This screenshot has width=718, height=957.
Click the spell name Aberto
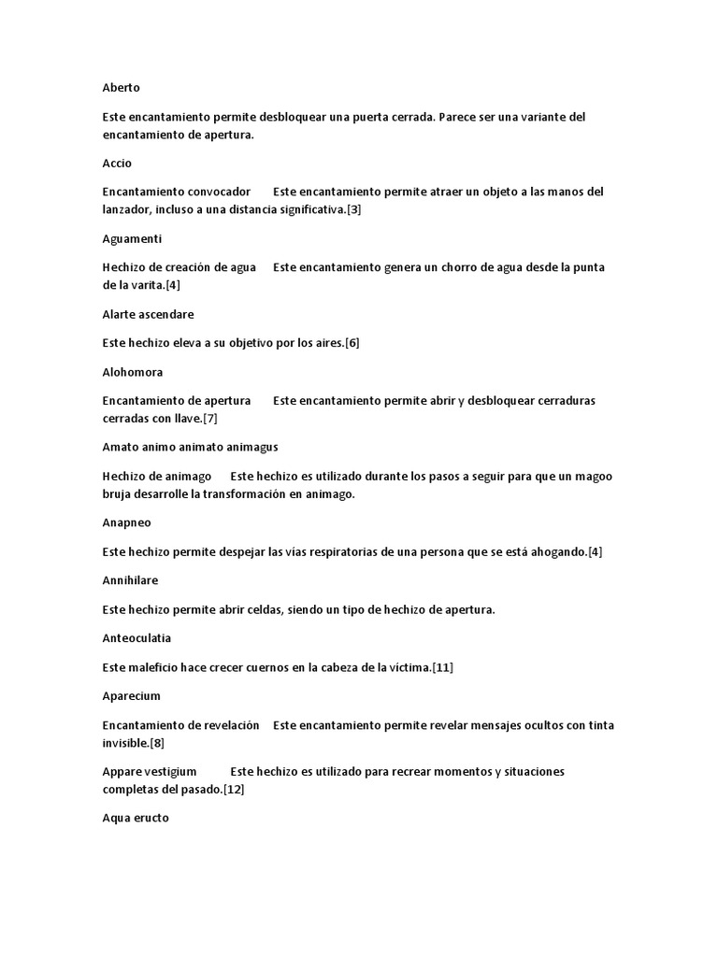click(x=121, y=88)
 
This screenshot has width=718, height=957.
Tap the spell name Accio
click(x=117, y=164)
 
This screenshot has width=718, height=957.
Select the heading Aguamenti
click(x=132, y=239)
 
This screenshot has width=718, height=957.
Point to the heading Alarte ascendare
click(x=148, y=315)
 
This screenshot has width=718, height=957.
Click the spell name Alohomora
click(x=132, y=372)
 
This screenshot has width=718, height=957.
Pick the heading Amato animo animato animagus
click(x=190, y=448)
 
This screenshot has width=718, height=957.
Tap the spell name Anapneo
click(x=126, y=523)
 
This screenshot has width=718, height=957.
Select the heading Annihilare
click(x=130, y=580)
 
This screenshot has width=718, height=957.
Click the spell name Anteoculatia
click(x=136, y=638)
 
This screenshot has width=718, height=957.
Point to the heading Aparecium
click(x=131, y=696)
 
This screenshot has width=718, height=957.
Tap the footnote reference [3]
click(x=353, y=209)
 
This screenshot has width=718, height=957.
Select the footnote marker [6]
click(x=352, y=343)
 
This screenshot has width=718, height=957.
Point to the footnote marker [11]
click(x=442, y=666)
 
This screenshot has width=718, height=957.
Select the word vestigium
click(x=171, y=772)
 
